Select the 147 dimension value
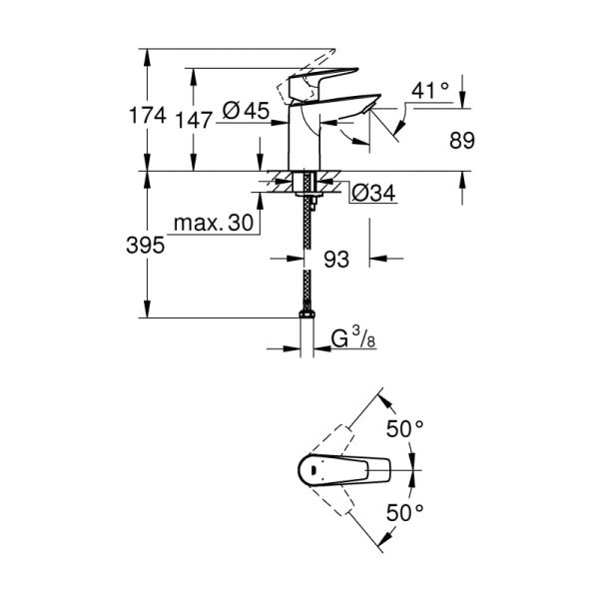pos(194,119)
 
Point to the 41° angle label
pos(430,91)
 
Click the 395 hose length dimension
pos(148,246)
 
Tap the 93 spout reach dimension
pos(336,261)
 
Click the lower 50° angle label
pos(404,512)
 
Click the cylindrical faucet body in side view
pos(301,140)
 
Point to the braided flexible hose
pos(305,260)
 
